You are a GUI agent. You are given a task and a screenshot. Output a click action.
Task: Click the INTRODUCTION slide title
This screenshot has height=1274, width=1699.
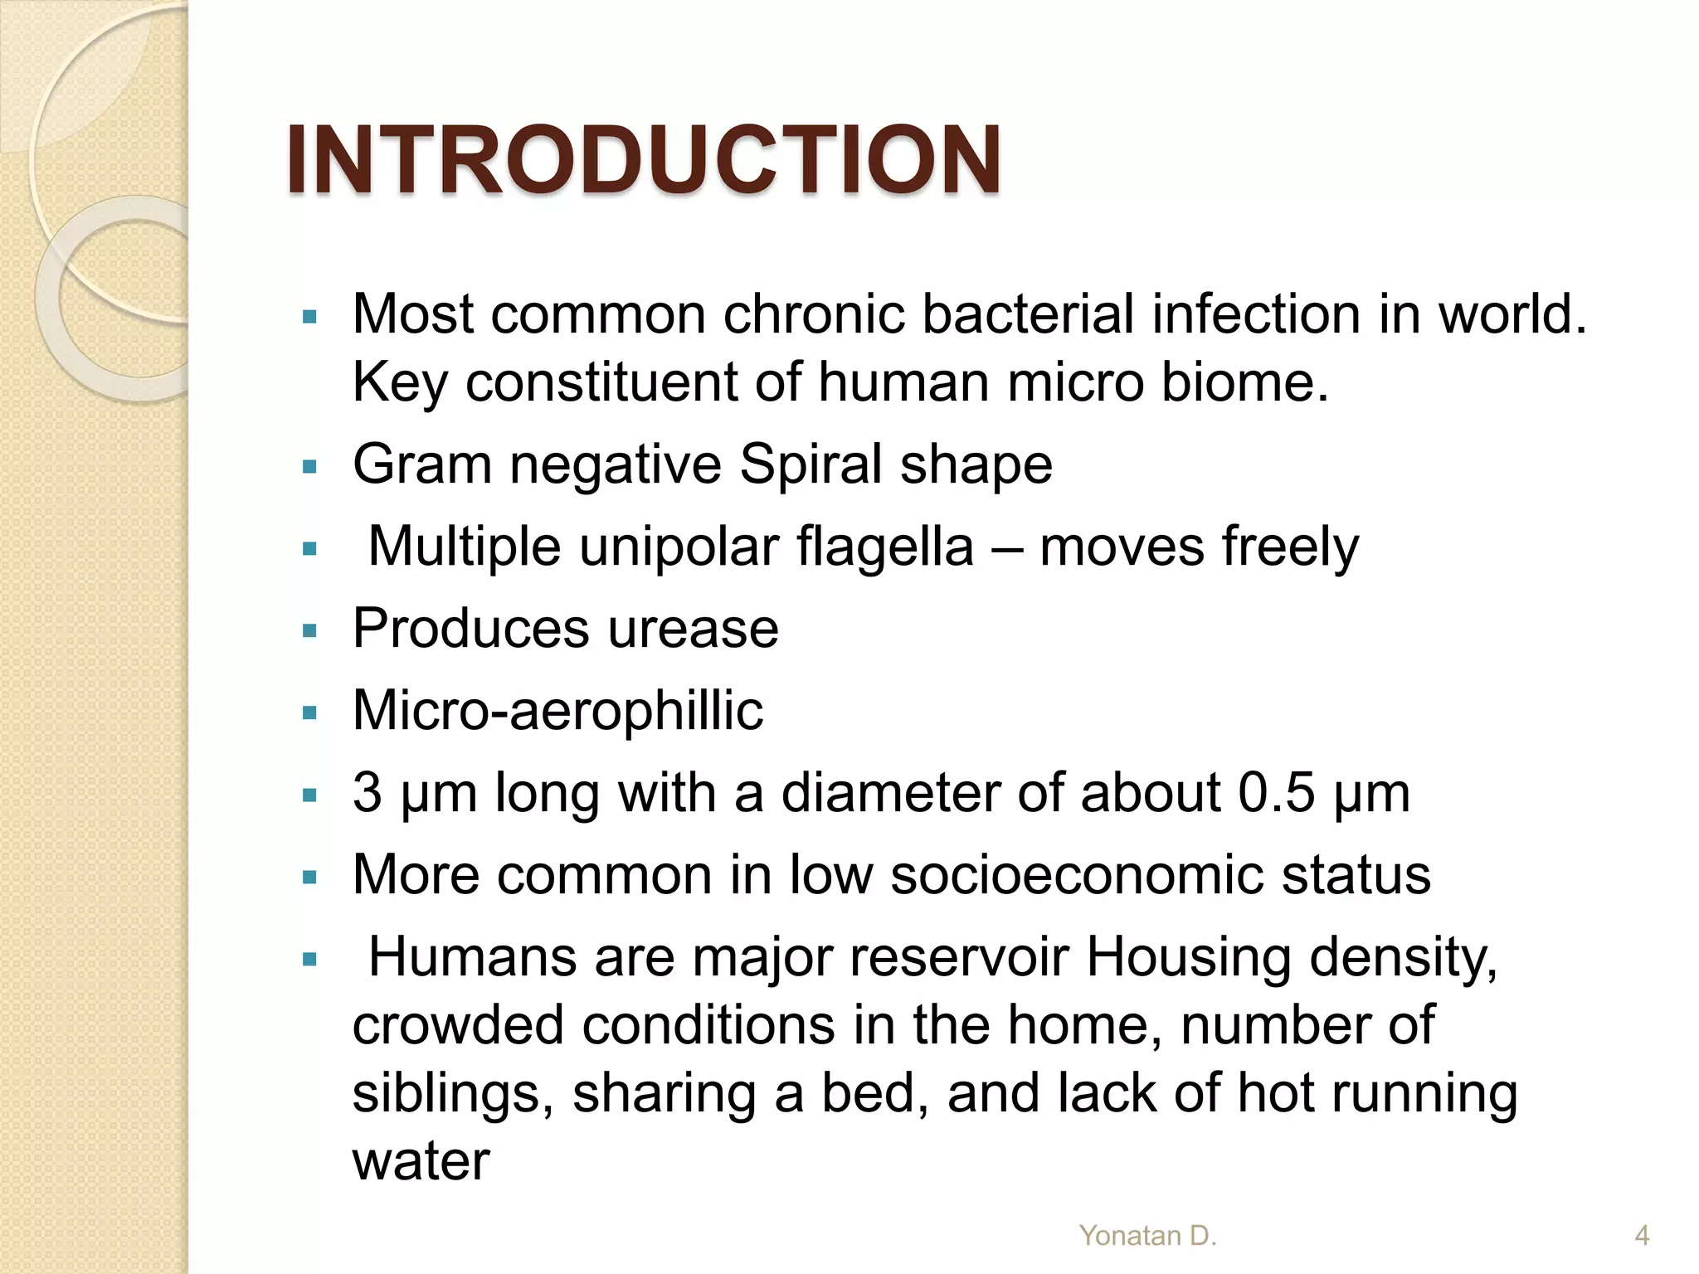coord(643,159)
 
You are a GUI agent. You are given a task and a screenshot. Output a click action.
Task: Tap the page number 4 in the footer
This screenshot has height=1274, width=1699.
coord(1641,1235)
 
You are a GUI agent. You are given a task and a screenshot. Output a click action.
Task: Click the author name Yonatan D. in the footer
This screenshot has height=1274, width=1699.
coord(1147,1235)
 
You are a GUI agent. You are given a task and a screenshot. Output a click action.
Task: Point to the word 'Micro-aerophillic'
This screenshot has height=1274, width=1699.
coord(557,711)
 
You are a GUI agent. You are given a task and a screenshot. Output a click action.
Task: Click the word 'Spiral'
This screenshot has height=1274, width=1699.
coord(811,464)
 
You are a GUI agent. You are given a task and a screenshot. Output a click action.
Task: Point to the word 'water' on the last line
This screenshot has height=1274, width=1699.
coord(421,1160)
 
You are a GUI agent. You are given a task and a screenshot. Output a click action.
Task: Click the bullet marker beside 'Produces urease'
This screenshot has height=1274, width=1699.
coord(310,631)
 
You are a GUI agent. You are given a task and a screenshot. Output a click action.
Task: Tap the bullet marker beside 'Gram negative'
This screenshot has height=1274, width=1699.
coord(310,467)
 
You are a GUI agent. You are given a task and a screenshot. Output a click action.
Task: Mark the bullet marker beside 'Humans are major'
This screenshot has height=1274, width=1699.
coord(310,960)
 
